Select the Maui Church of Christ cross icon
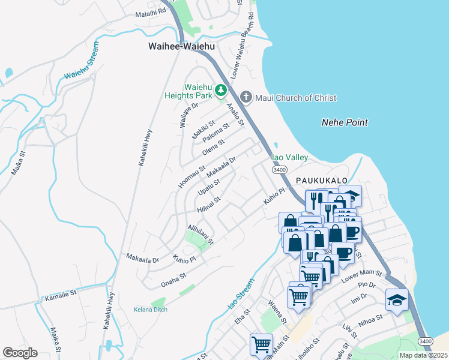point(246,97)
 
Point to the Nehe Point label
point(345,122)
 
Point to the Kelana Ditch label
point(150,310)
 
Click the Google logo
point(20,353)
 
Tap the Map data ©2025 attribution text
point(423,355)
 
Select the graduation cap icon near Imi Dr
point(397,299)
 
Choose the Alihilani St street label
point(200,233)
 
